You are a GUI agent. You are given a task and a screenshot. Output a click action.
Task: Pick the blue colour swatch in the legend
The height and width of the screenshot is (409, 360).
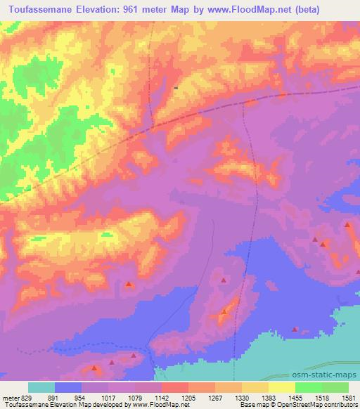click(x=68, y=387)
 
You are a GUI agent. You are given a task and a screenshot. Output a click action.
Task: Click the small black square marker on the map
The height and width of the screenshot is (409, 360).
click(x=175, y=88)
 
